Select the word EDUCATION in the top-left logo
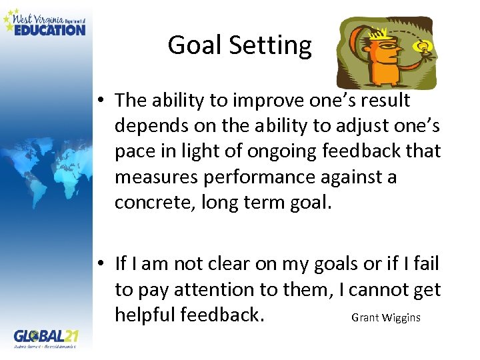click(x=50, y=29)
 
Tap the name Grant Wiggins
click(x=385, y=317)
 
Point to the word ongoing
click(x=267, y=151)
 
